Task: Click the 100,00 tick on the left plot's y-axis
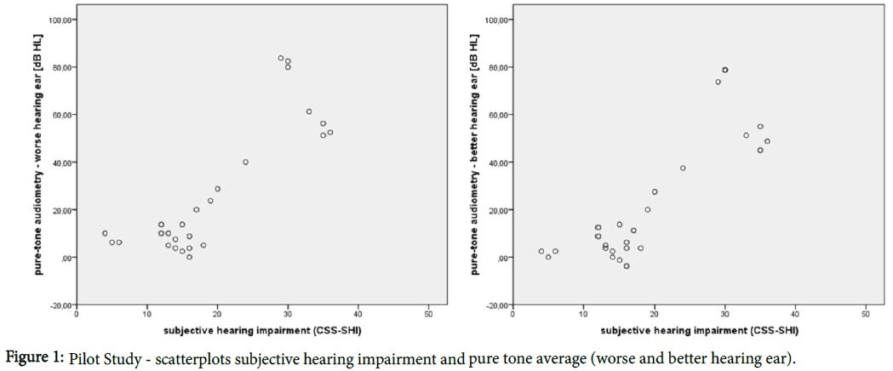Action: [x=62, y=20]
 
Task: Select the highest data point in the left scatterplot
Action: [x=281, y=59]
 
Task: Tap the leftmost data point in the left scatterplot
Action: [x=105, y=233]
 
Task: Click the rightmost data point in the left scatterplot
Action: [x=330, y=132]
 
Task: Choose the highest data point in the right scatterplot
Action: [x=725, y=70]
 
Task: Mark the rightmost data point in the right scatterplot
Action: [x=767, y=141]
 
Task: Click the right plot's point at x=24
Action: [x=683, y=168]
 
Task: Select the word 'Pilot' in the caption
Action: [x=85, y=355]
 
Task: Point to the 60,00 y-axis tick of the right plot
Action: [x=499, y=115]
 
